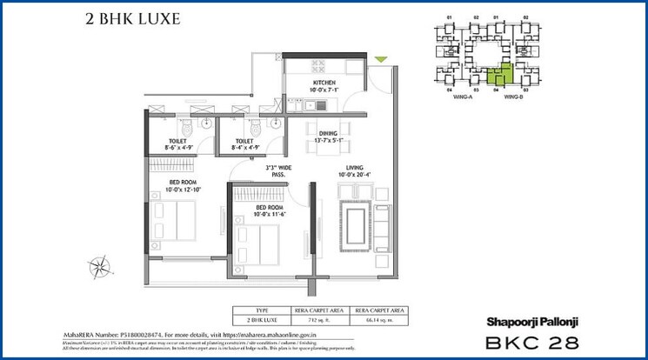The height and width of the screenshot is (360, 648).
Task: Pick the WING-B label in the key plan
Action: coord(513,96)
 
